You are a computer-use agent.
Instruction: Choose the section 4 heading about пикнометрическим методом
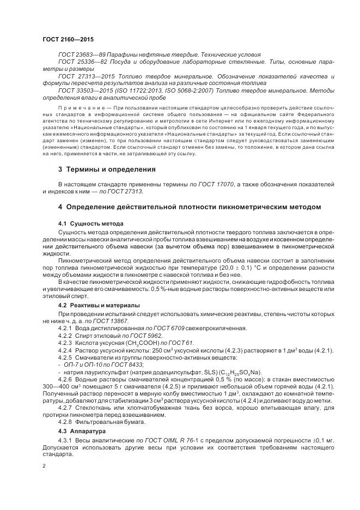click(190, 207)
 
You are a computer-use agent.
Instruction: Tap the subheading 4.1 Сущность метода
click(90, 224)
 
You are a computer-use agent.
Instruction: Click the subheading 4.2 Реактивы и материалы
click(99, 305)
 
